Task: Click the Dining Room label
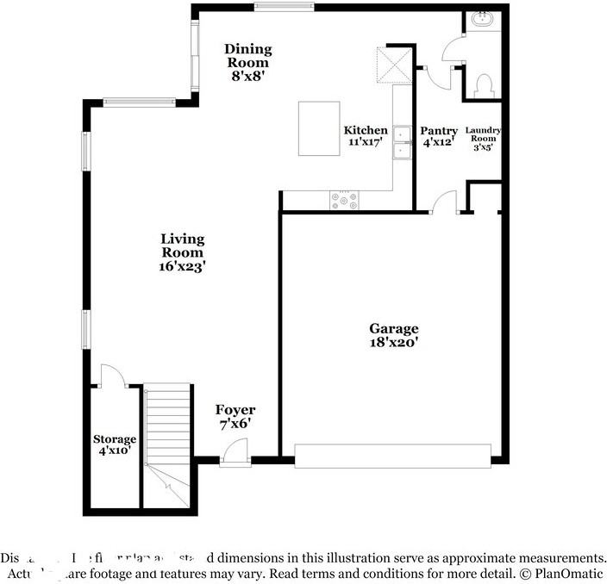(x=248, y=56)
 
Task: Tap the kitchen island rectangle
(x=319, y=128)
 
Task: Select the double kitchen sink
(x=402, y=143)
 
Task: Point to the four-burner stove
(x=344, y=201)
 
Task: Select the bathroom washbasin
(x=482, y=20)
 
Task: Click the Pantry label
(x=438, y=131)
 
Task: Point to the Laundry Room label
(x=483, y=135)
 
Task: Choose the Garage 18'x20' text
(x=394, y=334)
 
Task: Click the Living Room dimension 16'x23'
(x=183, y=267)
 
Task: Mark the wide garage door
(x=392, y=456)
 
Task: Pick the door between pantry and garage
(x=445, y=202)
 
